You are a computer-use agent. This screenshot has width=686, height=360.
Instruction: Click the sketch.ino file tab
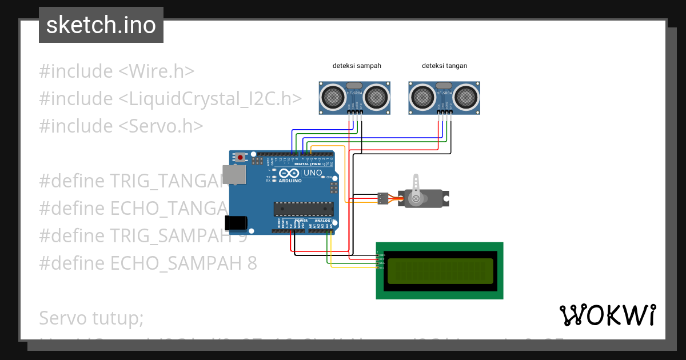[x=101, y=25]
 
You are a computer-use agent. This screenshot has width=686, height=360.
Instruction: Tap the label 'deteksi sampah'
[x=357, y=66]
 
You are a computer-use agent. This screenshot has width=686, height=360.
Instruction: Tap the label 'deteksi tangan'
[x=444, y=66]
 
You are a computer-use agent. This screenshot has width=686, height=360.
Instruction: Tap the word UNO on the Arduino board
[x=312, y=173]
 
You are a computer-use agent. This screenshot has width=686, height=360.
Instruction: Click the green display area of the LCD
[x=440, y=271]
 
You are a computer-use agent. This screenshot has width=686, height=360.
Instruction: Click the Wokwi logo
[x=607, y=315]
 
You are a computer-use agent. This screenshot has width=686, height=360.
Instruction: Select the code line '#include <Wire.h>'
[x=117, y=71]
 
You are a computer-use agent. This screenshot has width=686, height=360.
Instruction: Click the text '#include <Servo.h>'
[x=121, y=126]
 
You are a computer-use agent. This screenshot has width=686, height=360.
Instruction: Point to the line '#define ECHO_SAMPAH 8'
[x=147, y=263]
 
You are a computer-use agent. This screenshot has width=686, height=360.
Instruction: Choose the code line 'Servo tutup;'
[x=91, y=318]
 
